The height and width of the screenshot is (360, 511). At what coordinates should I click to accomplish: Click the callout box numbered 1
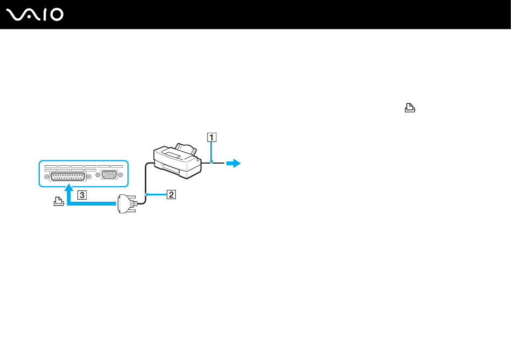coord(212,137)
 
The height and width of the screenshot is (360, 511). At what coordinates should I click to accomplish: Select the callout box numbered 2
coord(171,195)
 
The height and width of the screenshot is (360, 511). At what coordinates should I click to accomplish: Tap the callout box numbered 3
coord(81,195)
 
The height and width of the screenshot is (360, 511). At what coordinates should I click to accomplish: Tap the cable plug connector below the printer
coord(127,204)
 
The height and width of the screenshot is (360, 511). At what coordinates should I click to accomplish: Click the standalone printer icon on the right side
coord(410,108)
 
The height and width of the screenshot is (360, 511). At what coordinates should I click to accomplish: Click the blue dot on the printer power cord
coord(212,162)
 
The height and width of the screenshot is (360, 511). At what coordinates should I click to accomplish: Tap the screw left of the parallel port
coord(47,176)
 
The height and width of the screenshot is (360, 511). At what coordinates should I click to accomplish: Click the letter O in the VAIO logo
coord(56,15)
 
